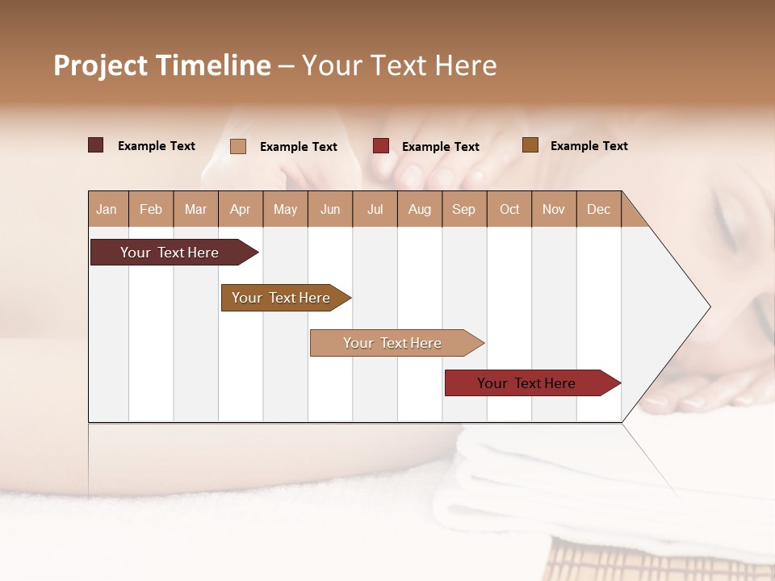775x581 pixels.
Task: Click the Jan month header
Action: (107, 209)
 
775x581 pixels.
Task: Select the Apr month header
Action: (240, 209)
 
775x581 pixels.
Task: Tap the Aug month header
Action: (419, 209)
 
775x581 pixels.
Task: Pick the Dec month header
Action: (598, 209)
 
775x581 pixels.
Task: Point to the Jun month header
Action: (329, 209)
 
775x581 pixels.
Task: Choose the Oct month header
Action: (509, 209)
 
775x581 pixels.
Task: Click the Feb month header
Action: (151, 209)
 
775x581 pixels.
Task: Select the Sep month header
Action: (463, 209)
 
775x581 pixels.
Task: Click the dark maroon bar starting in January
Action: (170, 253)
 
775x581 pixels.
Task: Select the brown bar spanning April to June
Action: (281, 298)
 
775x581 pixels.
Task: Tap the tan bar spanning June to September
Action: (392, 343)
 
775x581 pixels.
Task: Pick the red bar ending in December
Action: (526, 383)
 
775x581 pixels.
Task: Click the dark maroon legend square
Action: (96, 145)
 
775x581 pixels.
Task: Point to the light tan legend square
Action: (238, 146)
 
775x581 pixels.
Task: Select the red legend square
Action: (381, 146)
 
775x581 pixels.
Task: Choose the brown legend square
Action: (530, 145)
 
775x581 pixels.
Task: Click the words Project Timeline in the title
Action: (162, 65)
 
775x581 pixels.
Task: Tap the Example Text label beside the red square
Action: (440, 147)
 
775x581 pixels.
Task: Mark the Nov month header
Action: (553, 209)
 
